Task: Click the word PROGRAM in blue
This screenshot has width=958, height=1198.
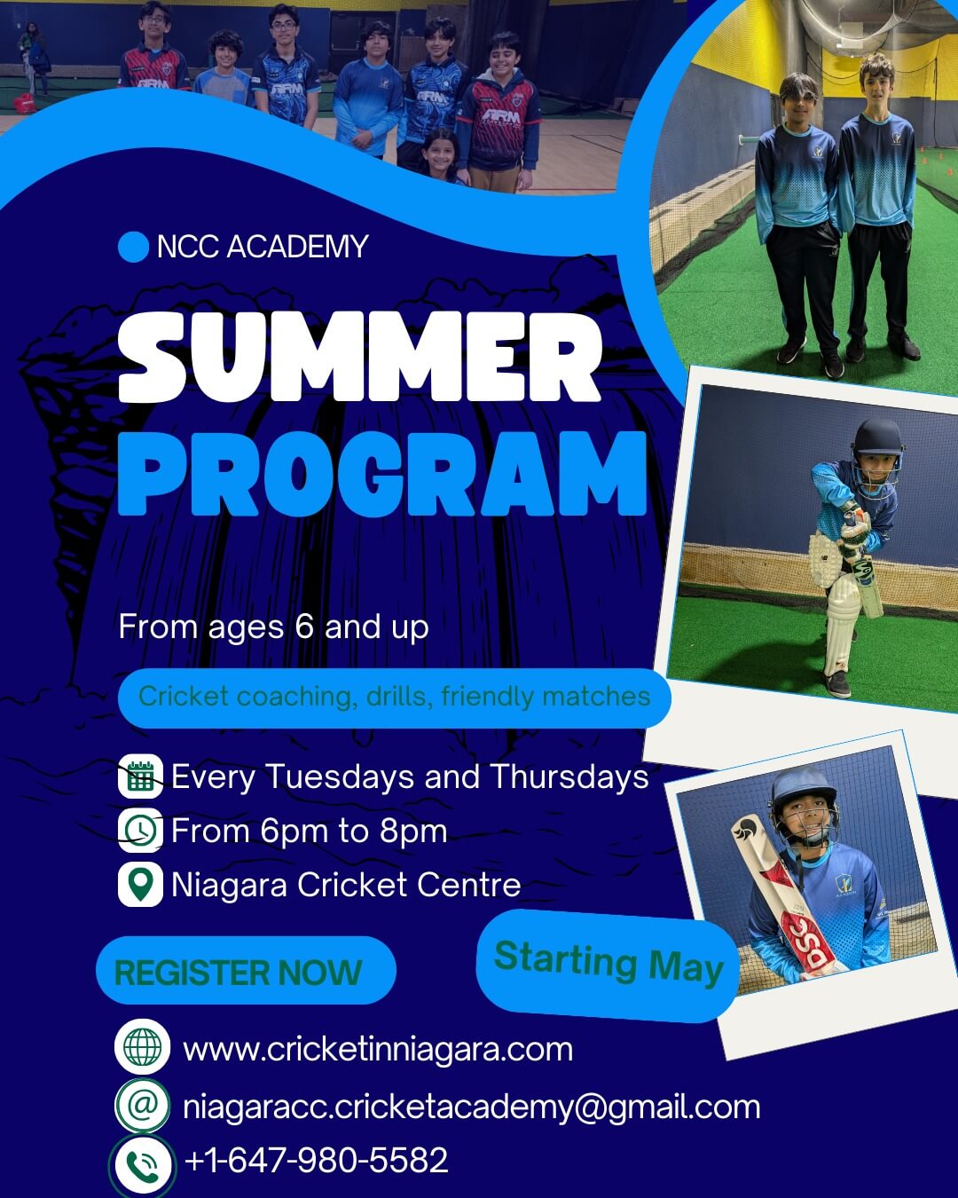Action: tap(382, 474)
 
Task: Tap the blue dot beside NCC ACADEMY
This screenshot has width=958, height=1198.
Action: tap(134, 247)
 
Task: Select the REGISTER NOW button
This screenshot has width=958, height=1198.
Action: tap(246, 972)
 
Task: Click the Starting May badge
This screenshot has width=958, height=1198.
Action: tap(608, 965)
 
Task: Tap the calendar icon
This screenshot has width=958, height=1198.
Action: tap(140, 776)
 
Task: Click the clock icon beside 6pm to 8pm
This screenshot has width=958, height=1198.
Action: tap(140, 830)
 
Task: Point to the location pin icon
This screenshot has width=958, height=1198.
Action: tap(140, 884)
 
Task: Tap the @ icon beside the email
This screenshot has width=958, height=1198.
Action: tap(143, 1105)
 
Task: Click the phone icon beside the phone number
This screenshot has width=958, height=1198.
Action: tap(143, 1163)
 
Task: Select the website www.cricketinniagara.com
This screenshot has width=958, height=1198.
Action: tap(378, 1050)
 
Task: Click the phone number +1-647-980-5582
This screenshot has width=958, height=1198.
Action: tap(316, 1160)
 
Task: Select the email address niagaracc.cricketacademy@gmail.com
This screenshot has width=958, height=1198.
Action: tap(472, 1107)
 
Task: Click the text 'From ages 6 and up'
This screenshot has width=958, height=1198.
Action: tap(274, 627)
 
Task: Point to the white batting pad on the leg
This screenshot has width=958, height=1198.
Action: tap(841, 625)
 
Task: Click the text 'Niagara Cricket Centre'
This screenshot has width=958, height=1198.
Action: tap(346, 884)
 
